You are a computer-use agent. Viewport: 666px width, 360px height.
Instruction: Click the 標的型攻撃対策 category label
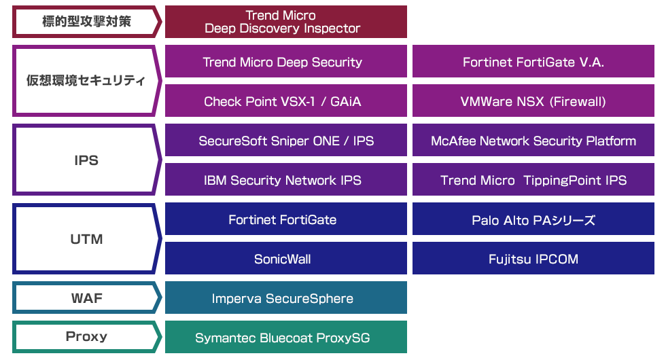(x=86, y=22)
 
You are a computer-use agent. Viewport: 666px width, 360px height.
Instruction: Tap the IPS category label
(x=86, y=160)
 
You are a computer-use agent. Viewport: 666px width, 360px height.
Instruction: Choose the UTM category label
(x=86, y=239)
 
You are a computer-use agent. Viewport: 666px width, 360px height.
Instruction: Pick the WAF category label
(x=86, y=298)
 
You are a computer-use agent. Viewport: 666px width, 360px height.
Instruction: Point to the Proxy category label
(x=86, y=337)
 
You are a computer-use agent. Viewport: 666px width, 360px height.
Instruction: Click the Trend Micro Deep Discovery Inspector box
(x=285, y=22)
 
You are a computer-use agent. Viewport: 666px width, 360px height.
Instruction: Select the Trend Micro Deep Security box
(x=285, y=62)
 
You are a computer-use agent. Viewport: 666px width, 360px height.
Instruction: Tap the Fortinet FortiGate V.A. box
(x=533, y=62)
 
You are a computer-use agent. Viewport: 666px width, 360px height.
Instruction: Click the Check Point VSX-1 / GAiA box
(x=285, y=101)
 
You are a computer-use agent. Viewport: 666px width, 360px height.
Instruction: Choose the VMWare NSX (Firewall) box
(x=533, y=101)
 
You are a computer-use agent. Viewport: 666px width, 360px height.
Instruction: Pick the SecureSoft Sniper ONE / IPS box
(x=285, y=141)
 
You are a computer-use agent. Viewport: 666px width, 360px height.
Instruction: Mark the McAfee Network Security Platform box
(x=533, y=141)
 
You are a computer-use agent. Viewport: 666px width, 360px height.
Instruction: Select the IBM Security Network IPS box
(x=285, y=180)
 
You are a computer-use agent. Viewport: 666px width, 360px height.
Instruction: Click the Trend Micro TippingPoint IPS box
(x=533, y=180)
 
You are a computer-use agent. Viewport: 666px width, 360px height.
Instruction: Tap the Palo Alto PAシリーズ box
(x=533, y=219)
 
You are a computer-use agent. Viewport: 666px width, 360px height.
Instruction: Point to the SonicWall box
(x=285, y=259)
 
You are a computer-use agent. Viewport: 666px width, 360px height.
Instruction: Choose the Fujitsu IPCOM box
(x=533, y=259)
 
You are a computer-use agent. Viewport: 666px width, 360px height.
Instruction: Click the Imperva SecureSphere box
(x=285, y=298)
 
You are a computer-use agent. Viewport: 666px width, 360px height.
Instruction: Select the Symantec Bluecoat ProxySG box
(x=285, y=338)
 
